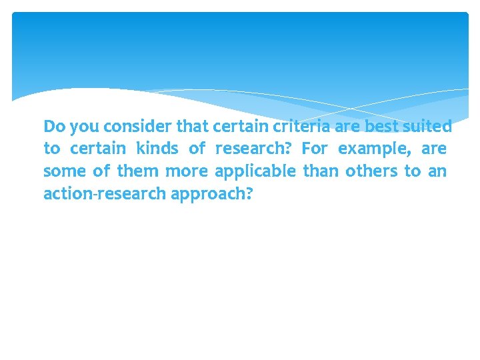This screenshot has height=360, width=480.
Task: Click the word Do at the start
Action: [53, 126]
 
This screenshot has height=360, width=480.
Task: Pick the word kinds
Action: [157, 148]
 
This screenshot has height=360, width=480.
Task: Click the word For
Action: [315, 148]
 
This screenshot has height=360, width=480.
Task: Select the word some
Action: [64, 171]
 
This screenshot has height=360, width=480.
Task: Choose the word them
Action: [138, 171]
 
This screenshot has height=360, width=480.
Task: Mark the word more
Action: [187, 171]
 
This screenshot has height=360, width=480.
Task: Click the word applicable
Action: [255, 172]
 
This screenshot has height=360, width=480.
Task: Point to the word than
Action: [321, 171]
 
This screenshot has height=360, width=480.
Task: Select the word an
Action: [437, 171]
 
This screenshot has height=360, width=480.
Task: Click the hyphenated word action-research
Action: [105, 194]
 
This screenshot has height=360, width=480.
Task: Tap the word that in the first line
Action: [192, 126]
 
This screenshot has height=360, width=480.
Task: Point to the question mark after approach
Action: [249, 193]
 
